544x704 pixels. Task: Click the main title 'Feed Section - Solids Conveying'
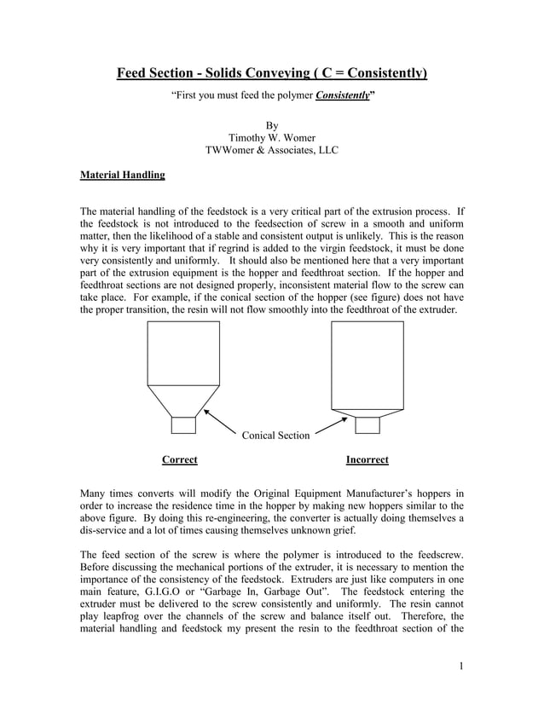point(271,73)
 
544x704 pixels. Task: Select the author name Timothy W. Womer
point(271,136)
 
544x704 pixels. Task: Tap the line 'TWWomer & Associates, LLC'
point(271,151)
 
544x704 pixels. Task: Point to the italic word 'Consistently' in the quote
point(343,96)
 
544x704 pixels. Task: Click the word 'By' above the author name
point(272,123)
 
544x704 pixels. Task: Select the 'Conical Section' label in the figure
point(275,436)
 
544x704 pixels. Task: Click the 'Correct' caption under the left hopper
point(179,460)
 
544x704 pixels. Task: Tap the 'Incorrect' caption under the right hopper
point(367,460)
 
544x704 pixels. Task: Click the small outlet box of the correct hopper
point(183,425)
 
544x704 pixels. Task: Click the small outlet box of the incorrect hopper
point(367,424)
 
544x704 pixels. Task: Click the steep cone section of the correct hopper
point(183,401)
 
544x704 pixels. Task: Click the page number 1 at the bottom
point(460,666)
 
